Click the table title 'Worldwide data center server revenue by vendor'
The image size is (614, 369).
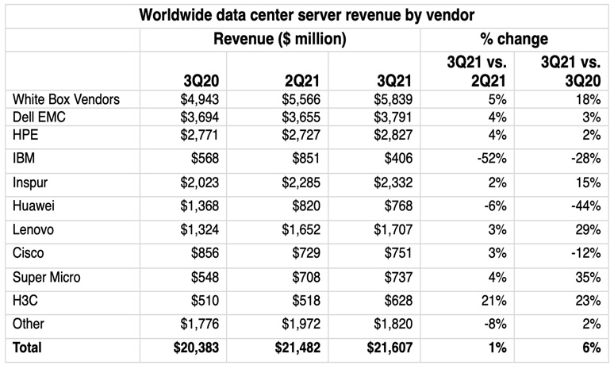[x=306, y=14]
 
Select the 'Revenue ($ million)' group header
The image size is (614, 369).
[x=279, y=39]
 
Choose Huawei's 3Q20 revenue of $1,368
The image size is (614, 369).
[x=198, y=208]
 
